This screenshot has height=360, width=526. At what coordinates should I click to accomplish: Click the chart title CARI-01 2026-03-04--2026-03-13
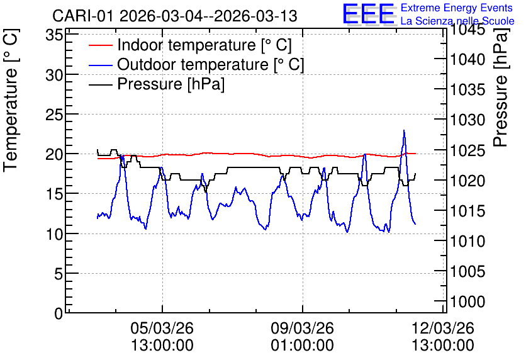(x=175, y=16)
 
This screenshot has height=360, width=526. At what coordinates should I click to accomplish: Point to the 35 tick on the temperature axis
(x=54, y=35)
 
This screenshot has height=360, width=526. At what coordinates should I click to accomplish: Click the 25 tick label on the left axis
(x=54, y=115)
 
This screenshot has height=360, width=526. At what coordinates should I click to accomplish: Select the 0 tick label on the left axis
(x=59, y=313)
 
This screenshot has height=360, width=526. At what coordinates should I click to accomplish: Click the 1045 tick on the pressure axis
(x=467, y=30)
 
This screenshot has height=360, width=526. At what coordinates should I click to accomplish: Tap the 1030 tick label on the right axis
(x=467, y=120)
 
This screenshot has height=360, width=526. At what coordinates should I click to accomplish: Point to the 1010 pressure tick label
(x=467, y=240)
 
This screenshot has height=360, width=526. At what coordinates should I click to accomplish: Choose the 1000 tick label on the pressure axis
(x=467, y=301)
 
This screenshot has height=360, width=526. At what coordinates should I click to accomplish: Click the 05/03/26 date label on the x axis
(x=162, y=327)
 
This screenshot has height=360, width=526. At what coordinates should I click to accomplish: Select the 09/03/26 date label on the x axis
(x=302, y=327)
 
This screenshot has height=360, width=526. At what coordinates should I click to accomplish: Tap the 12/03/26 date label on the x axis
(x=443, y=327)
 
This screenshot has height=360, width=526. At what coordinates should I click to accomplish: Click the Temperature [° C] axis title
(x=11, y=100)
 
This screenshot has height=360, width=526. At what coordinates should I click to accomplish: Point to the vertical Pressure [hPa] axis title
(x=501, y=87)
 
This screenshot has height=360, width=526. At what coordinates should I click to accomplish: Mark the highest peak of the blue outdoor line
(x=404, y=130)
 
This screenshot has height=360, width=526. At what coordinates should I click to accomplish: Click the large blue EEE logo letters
(x=368, y=14)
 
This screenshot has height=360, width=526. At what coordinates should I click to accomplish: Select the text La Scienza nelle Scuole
(x=457, y=21)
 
